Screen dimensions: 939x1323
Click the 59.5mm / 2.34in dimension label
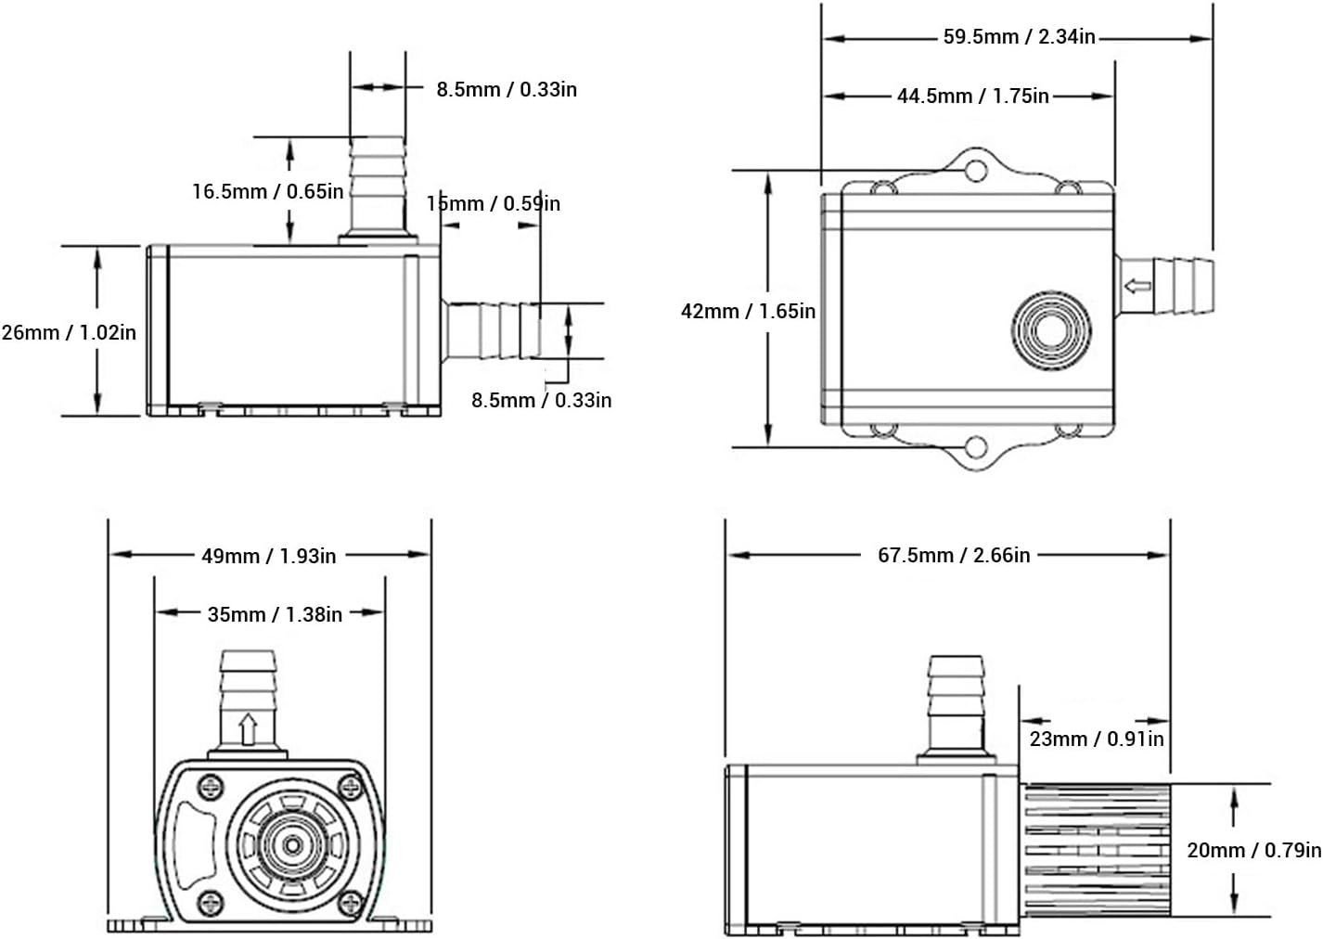click(x=1019, y=37)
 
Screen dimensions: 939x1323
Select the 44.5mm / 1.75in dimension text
click(x=971, y=96)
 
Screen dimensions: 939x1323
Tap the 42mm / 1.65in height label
click(x=748, y=311)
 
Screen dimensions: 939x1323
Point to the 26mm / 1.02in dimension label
click(x=69, y=332)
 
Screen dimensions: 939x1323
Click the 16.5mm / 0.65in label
click(x=267, y=191)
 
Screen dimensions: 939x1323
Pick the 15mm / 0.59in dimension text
click(x=494, y=203)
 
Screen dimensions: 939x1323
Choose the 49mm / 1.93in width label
click(x=269, y=556)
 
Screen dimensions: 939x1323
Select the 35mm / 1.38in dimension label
click(x=275, y=614)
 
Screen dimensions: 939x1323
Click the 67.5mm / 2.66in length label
click(x=954, y=555)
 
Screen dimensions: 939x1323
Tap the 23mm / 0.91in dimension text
click(x=1096, y=739)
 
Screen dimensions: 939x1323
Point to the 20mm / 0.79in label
click(x=1253, y=849)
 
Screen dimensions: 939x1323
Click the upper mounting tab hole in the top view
click(x=974, y=172)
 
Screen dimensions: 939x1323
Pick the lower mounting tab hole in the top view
click(x=974, y=448)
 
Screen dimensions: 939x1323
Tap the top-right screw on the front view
click(x=351, y=788)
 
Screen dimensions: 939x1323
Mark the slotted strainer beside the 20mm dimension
click(x=1095, y=851)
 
